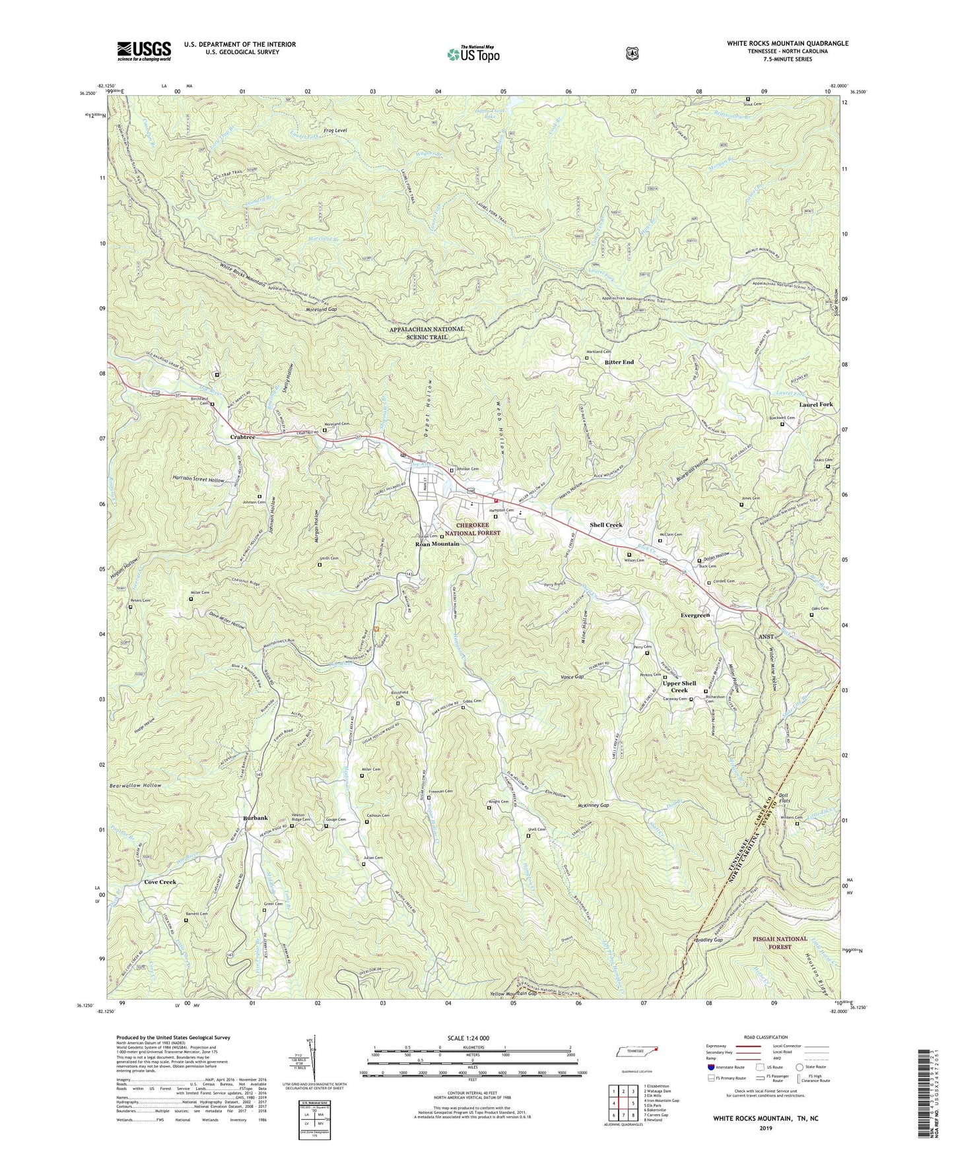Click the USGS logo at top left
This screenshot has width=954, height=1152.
coord(144,50)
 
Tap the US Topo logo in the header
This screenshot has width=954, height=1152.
coord(471,53)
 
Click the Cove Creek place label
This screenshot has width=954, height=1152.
coord(160,882)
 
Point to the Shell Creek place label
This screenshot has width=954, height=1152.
coord(606,525)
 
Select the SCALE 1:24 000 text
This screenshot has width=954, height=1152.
coord(471,1038)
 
